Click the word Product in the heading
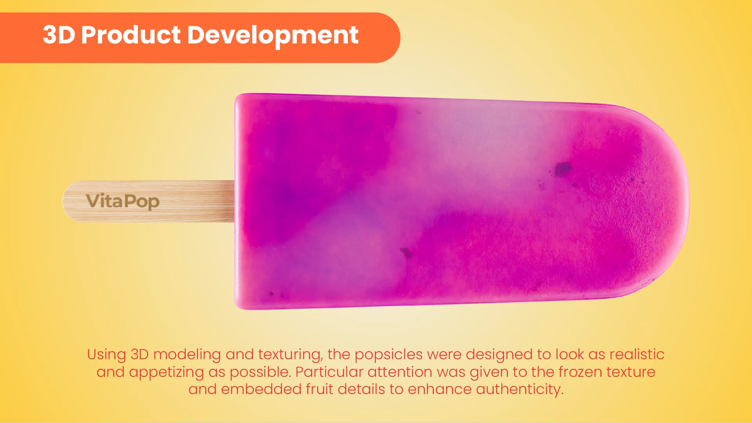pyautogui.click(x=131, y=35)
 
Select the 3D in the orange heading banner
pyautogui.click(x=59, y=35)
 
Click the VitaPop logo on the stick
pyautogui.click(x=123, y=201)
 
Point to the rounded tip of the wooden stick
pyautogui.click(x=64, y=202)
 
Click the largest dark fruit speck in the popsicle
pyautogui.click(x=563, y=169)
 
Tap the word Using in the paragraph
pyautogui.click(x=107, y=355)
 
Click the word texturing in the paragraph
pyautogui.click(x=290, y=355)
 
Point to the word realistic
pyautogui.click(x=637, y=355)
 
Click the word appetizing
pyautogui.click(x=166, y=372)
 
